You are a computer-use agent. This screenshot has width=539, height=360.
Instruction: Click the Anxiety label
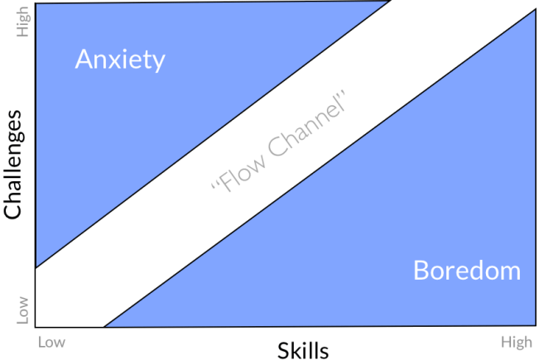pos(120,60)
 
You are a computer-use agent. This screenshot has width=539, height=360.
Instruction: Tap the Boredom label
pos(467,270)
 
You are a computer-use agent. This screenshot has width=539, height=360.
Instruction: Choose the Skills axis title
pos(302,348)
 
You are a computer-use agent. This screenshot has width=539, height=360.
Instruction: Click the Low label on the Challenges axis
pos(23,310)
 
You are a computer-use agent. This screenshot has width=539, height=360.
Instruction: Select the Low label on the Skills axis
pos(51,340)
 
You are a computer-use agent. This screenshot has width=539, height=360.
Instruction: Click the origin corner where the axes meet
pos(36,327)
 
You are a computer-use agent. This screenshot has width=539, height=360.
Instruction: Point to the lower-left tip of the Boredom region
pos(105,326)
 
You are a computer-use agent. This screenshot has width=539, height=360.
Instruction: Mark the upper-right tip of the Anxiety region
pos(390,2)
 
